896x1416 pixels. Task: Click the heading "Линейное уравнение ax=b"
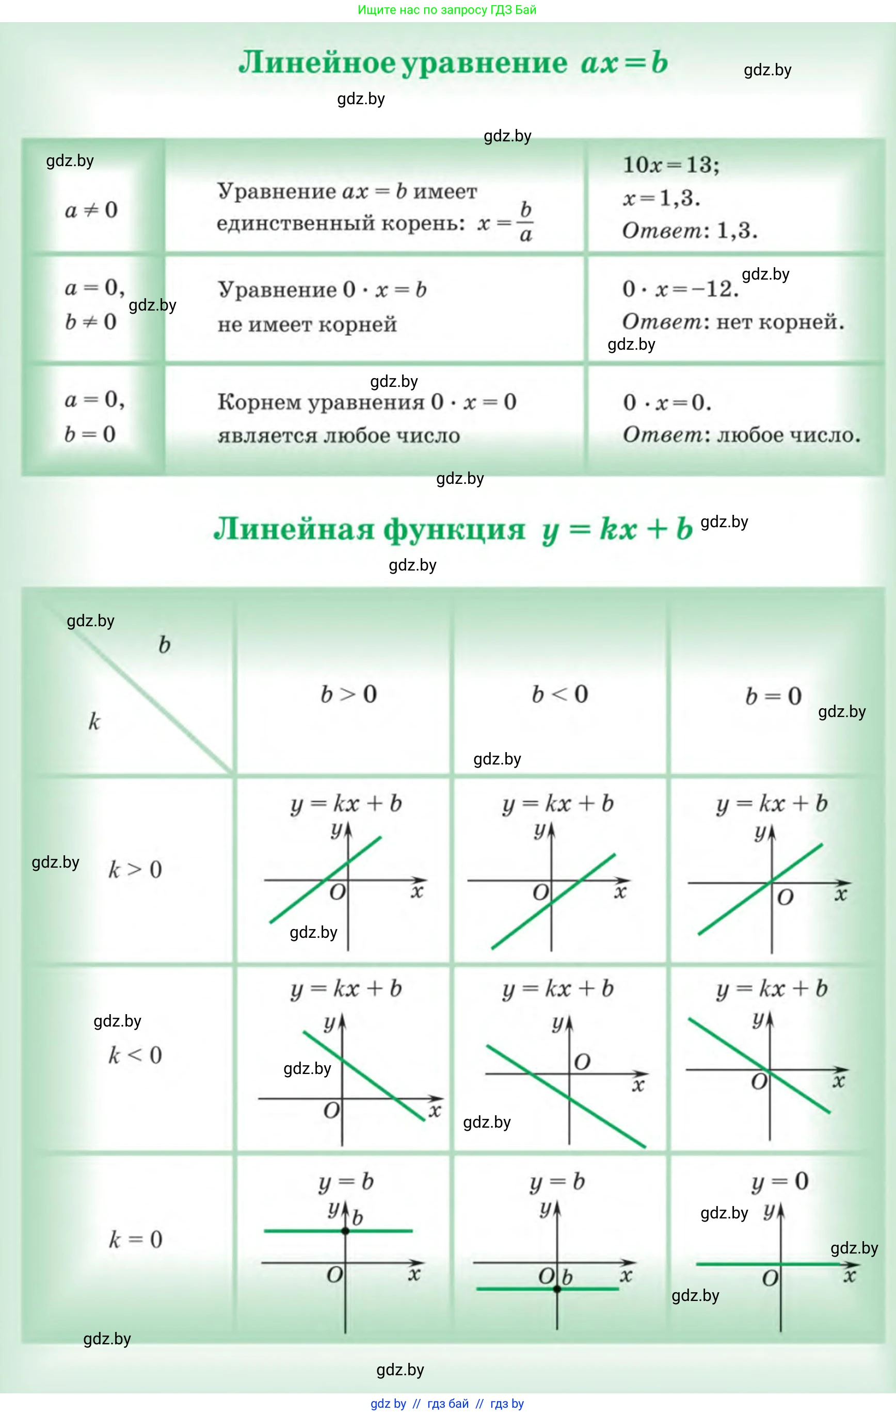(453, 62)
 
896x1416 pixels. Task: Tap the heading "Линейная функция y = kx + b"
(453, 529)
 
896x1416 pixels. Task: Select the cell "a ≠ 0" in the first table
(91, 210)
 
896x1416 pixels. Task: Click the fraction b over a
(525, 222)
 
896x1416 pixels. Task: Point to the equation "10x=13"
(670, 165)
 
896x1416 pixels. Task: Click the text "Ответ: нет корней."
(733, 322)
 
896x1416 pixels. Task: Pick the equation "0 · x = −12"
(680, 289)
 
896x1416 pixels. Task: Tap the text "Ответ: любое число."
(741, 435)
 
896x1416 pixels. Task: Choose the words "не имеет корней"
(307, 324)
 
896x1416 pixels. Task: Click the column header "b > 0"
(348, 694)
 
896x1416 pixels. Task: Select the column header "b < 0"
(559, 694)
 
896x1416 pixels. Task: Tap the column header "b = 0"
(773, 696)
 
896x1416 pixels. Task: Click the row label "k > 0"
(135, 870)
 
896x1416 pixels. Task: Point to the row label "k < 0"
(135, 1055)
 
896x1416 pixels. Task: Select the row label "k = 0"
(135, 1240)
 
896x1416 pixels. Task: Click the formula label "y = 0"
(780, 1181)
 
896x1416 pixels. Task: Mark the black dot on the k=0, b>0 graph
(345, 1231)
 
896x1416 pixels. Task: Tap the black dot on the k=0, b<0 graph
(557, 1289)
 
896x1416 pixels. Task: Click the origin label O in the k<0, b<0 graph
(582, 1062)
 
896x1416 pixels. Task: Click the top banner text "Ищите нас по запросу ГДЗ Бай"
(447, 10)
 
